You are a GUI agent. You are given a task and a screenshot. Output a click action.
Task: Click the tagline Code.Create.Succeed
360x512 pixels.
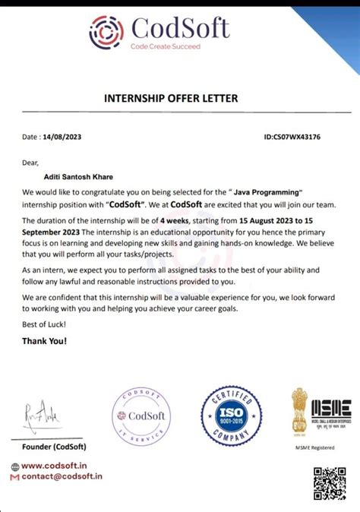(165, 47)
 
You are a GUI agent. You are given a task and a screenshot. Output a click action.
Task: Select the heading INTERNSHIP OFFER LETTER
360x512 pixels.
(180, 98)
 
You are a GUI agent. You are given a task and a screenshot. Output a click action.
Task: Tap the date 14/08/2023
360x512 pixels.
(65, 137)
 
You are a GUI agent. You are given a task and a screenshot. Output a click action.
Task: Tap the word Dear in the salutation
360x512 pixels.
(30, 162)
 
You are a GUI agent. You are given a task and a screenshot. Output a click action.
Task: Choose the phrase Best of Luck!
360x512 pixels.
(44, 325)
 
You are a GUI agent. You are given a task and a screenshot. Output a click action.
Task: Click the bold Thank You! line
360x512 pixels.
(44, 340)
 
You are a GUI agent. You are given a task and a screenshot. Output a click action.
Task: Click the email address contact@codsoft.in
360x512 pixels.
(61, 476)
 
